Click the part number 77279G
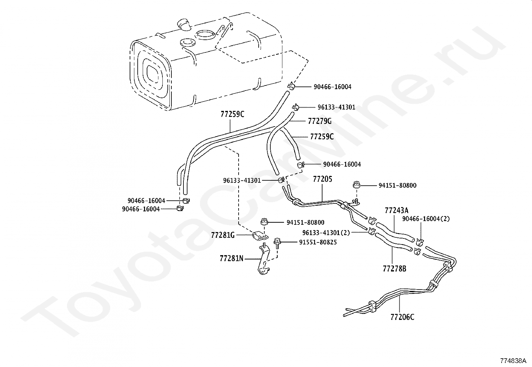[319, 121]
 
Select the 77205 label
[322, 179]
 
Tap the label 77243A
[397, 210]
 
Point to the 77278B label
[394, 269]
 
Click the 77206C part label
[402, 317]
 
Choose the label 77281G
[223, 235]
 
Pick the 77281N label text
[232, 258]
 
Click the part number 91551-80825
[318, 242]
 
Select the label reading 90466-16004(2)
[426, 219]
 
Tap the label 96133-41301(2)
[326, 233]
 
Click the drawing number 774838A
[513, 361]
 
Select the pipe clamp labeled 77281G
[260, 236]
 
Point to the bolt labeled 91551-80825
[277, 243]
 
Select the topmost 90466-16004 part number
[332, 87]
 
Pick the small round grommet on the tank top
[187, 43]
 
